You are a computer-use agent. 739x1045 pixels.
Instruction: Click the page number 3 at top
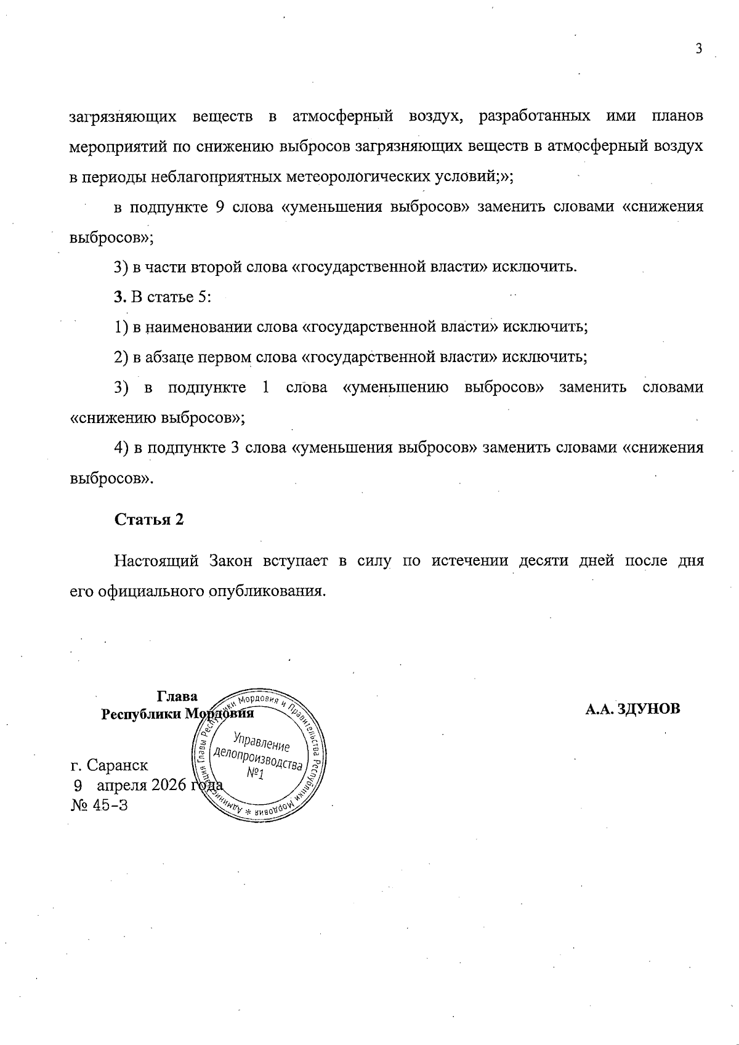click(698, 50)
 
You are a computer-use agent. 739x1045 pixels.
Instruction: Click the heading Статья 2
click(149, 519)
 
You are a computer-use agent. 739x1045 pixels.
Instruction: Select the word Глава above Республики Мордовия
click(177, 696)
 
